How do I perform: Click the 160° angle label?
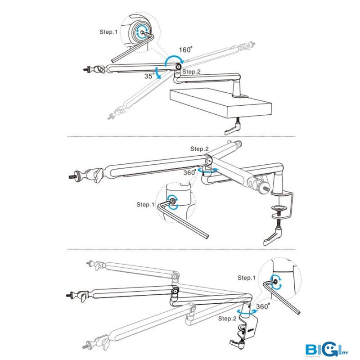pyautogui.click(x=186, y=49)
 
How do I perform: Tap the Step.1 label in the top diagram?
pyautogui.click(x=108, y=32)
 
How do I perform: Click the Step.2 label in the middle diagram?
pyautogui.click(x=199, y=148)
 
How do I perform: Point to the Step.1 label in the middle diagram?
pyautogui.click(x=145, y=204)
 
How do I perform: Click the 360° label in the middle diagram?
pyautogui.click(x=189, y=172)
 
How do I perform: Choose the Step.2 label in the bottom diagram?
pyautogui.click(x=227, y=318)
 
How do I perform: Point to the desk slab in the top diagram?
pyautogui.click(x=220, y=102)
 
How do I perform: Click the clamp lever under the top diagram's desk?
pyautogui.click(x=234, y=128)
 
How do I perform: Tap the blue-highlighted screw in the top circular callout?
pyautogui.click(x=141, y=31)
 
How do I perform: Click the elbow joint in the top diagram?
pyautogui.click(x=179, y=67)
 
